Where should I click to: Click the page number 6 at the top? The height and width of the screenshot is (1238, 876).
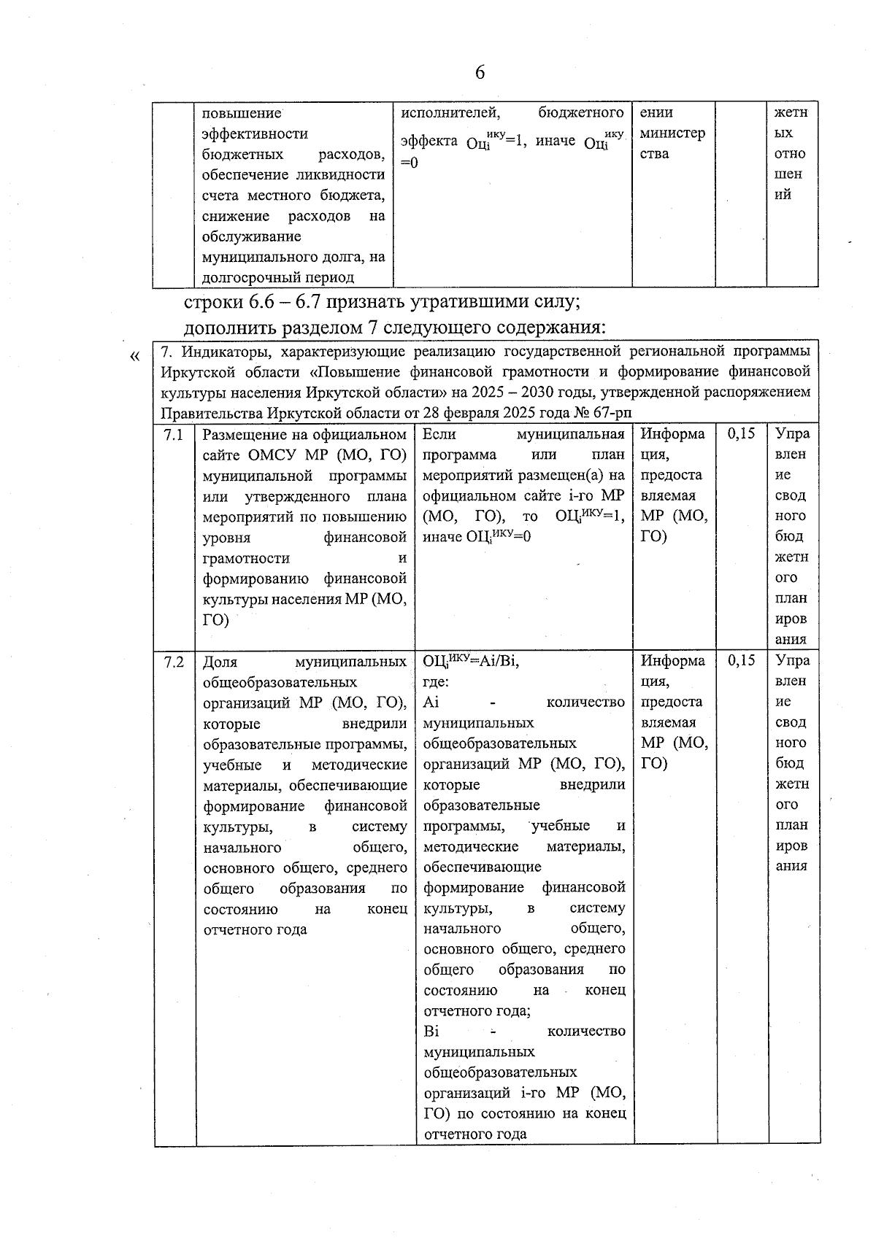pos(480,72)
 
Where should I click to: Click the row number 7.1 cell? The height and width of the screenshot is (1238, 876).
pos(174,435)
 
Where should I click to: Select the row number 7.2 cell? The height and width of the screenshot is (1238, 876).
pos(174,662)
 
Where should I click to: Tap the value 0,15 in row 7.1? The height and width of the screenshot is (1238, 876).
pos(741,434)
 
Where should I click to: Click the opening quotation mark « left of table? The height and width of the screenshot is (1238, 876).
pos(134,356)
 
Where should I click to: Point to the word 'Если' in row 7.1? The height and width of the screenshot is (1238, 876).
pos(439,434)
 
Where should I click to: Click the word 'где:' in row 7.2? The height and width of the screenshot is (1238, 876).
pos(436,682)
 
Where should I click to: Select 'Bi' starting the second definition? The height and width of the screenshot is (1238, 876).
pos(431,1032)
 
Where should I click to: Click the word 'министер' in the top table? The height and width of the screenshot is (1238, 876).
pos(672,134)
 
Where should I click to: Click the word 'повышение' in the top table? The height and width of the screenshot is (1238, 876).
pos(241,113)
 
